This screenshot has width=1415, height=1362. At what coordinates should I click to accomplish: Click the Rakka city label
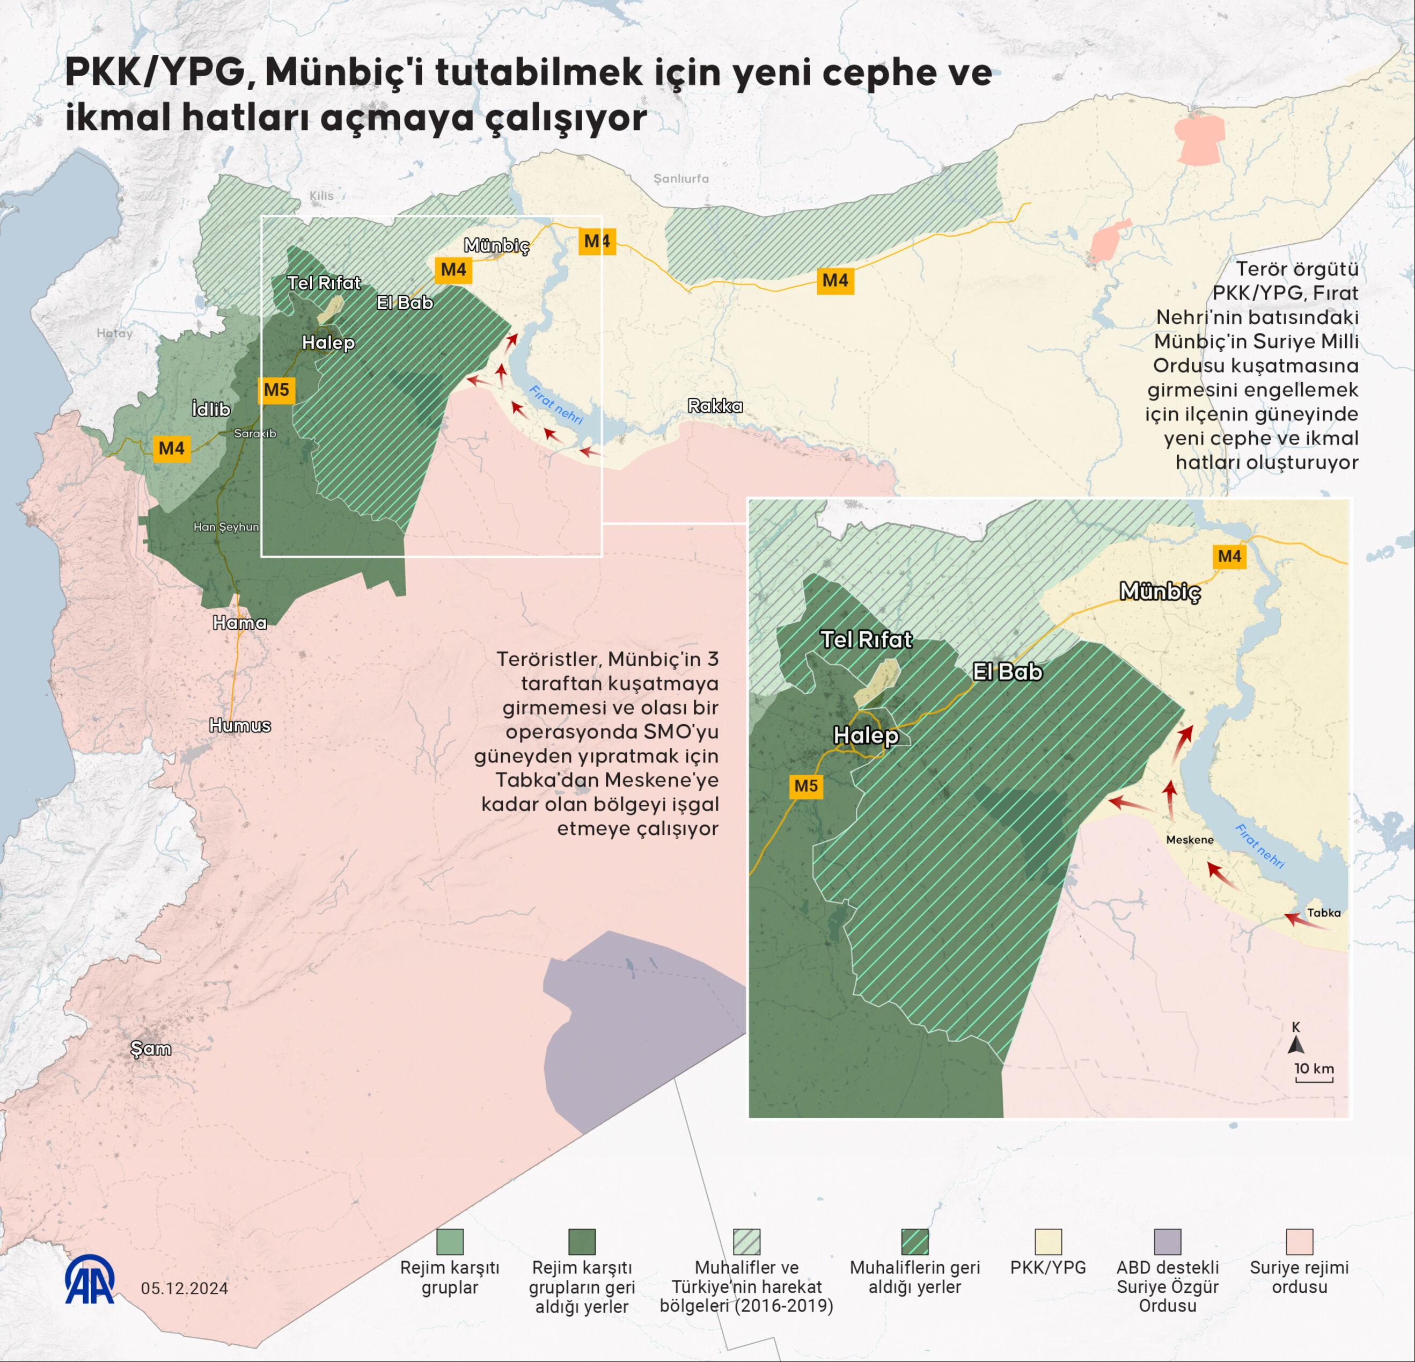click(x=715, y=406)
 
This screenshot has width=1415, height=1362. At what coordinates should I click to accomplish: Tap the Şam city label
click(x=151, y=1048)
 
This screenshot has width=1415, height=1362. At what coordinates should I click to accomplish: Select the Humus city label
click(x=240, y=725)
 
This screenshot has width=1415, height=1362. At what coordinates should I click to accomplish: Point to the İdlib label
click(x=211, y=410)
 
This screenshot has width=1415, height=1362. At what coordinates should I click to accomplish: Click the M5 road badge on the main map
click(x=276, y=390)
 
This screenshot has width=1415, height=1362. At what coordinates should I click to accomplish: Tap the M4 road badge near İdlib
click(x=172, y=448)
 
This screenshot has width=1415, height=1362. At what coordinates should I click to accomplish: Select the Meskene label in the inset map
click(x=1190, y=840)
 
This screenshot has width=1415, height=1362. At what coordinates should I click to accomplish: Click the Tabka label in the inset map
click(x=1324, y=913)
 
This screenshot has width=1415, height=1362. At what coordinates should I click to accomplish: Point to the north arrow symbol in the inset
click(x=1296, y=1044)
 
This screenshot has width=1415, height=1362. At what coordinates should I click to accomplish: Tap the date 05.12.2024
click(x=184, y=1288)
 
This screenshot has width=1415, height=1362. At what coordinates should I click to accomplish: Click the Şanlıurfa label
click(x=681, y=178)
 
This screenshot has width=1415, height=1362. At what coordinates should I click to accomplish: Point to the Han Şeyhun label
click(x=226, y=527)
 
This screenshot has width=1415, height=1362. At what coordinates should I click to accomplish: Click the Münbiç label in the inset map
click(x=1160, y=592)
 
